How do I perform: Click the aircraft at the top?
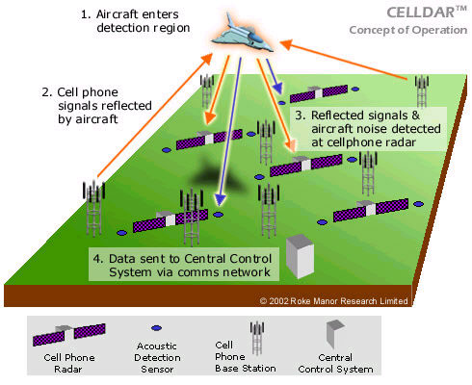point(242,35)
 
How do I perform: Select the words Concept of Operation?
point(408,30)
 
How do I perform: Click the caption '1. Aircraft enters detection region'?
point(135,21)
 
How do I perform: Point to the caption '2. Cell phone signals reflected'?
point(96,106)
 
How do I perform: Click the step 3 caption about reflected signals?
point(368,129)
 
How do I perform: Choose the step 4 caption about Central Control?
point(183,266)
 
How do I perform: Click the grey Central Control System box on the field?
point(300,256)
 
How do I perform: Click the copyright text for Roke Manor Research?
point(333,301)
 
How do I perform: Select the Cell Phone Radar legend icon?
point(69,335)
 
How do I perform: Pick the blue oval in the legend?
point(156,328)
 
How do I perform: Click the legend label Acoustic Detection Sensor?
point(157,357)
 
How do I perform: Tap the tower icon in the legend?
point(257,338)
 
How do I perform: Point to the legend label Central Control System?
point(335,363)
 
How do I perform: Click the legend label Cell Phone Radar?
point(69,363)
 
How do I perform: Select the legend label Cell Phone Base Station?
point(245,357)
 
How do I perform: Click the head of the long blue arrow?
point(220,199)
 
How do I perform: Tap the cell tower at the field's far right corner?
point(422,91)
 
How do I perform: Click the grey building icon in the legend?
point(334,334)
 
